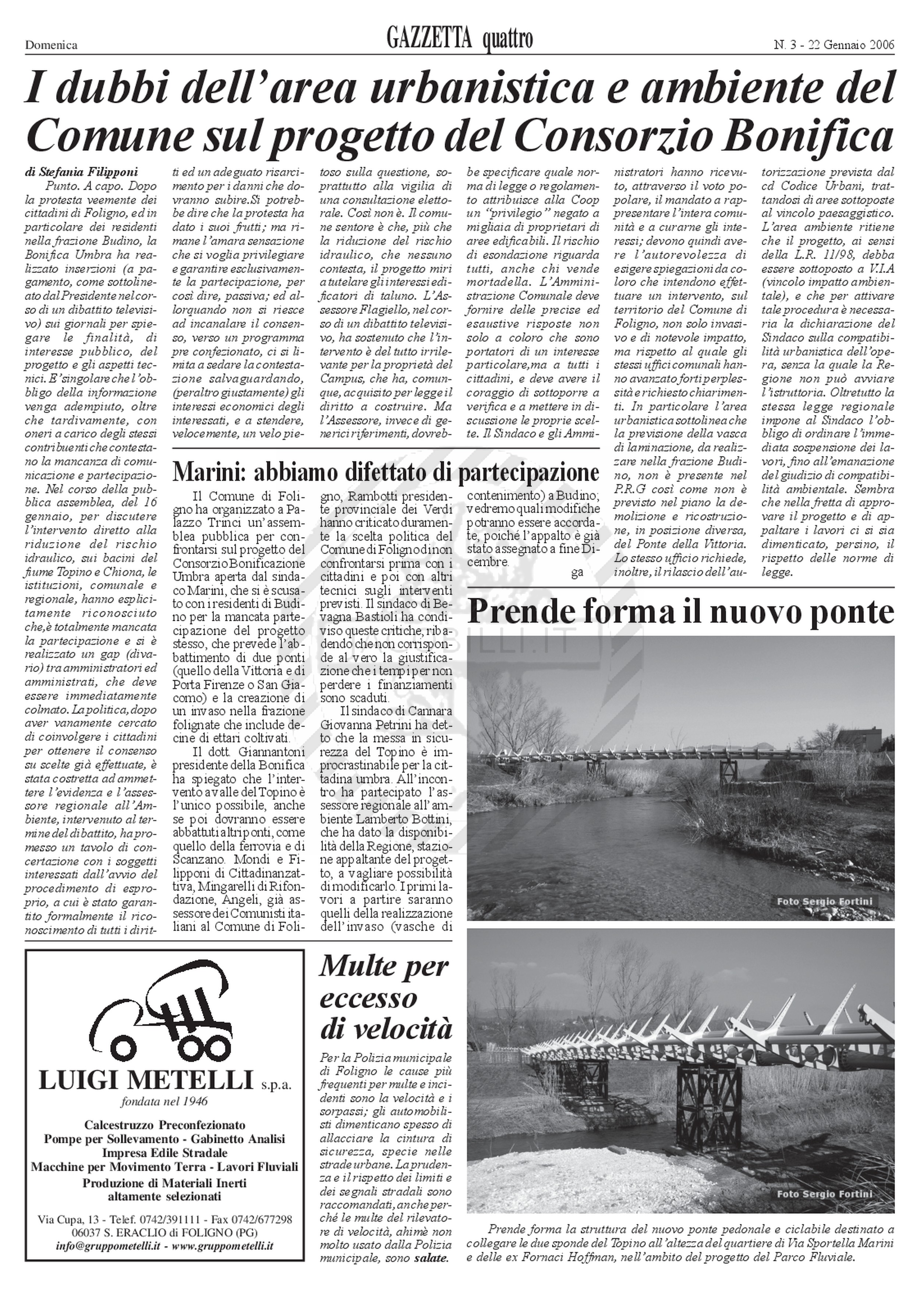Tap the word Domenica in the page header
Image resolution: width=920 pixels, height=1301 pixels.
tap(51, 45)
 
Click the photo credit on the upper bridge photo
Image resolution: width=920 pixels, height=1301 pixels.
tap(825, 902)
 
